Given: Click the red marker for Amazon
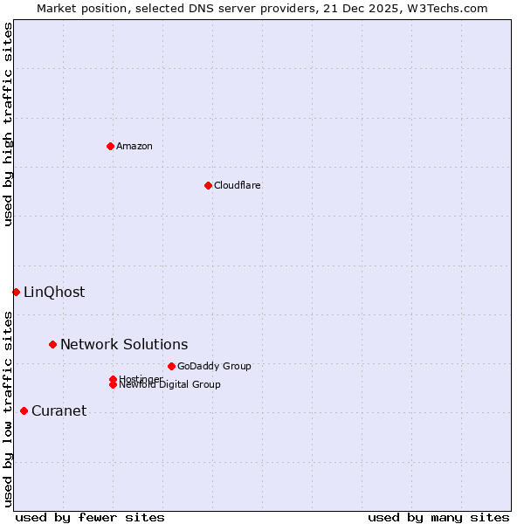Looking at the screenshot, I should pyautogui.click(x=110, y=146).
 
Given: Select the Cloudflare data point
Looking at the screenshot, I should pyautogui.click(x=208, y=185).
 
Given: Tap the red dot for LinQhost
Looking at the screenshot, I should pyautogui.click(x=16, y=292).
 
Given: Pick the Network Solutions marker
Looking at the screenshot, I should pyautogui.click(x=52, y=344).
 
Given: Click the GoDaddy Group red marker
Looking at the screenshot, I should pyautogui.click(x=171, y=366).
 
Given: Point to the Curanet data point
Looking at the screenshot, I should pyautogui.click(x=24, y=410).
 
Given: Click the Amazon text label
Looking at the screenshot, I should pyautogui.click(x=134, y=146).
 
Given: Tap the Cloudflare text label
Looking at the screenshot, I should pyautogui.click(x=237, y=185).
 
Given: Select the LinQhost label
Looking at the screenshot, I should pyautogui.click(x=54, y=292).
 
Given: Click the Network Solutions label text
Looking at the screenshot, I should pyautogui.click(x=124, y=344).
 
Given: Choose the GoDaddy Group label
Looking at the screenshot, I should pyautogui.click(x=214, y=366).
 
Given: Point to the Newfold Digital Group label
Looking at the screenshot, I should pyautogui.click(x=169, y=384).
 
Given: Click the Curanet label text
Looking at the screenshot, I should pyautogui.click(x=59, y=410).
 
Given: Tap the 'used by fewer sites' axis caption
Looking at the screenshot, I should pyautogui.click(x=90, y=517).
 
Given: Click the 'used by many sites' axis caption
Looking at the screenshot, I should pyautogui.click(x=438, y=517).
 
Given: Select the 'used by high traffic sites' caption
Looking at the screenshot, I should pyautogui.click(x=9, y=124).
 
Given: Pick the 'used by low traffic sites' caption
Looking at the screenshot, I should pyautogui.click(x=9, y=408).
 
